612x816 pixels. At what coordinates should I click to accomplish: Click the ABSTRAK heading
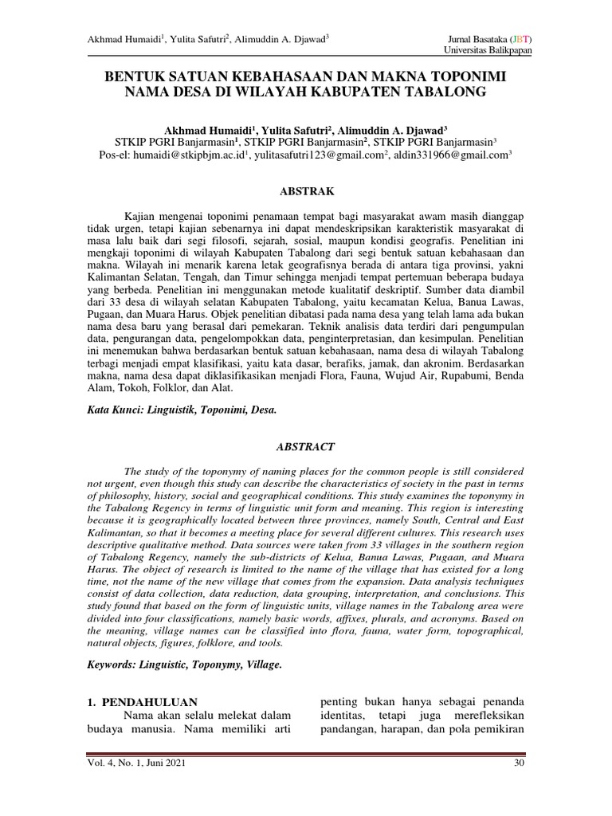(x=305, y=191)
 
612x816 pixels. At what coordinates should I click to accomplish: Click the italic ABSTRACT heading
(x=305, y=448)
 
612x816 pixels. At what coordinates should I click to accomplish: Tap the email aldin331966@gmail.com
(x=446, y=156)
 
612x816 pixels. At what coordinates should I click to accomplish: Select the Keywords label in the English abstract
(x=110, y=663)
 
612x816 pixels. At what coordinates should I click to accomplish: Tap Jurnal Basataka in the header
(x=473, y=38)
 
